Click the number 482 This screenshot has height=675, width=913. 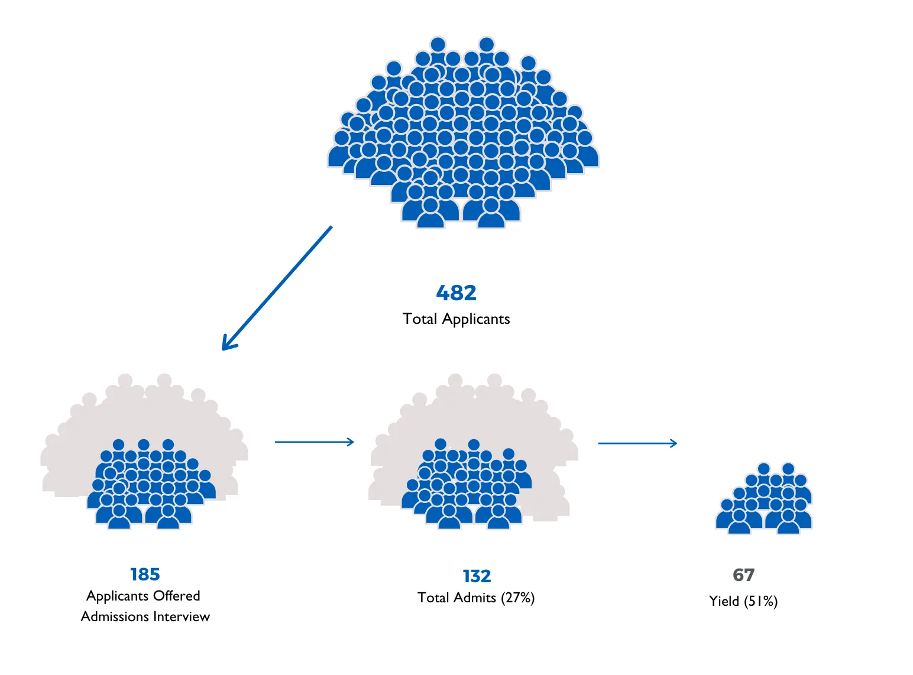pyautogui.click(x=456, y=293)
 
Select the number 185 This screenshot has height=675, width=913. pyautogui.click(x=145, y=574)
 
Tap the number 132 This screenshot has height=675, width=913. pyautogui.click(x=477, y=576)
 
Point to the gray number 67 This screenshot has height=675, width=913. pyautogui.click(x=743, y=575)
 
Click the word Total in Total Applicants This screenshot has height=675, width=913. pyautogui.click(x=419, y=319)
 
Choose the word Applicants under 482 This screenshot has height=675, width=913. pyautogui.click(x=476, y=319)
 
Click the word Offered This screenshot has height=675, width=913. pyautogui.click(x=177, y=595)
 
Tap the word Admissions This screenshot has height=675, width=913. pyautogui.click(x=115, y=616)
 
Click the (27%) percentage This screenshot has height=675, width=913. pyautogui.click(x=517, y=598)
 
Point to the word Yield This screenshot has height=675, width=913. pyautogui.click(x=724, y=601)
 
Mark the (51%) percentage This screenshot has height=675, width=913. pyautogui.click(x=760, y=601)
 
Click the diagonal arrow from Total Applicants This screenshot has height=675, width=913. pyautogui.click(x=277, y=288)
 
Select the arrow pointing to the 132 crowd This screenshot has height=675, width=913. pyautogui.click(x=314, y=442)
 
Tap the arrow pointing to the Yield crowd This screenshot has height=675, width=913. pyautogui.click(x=637, y=443)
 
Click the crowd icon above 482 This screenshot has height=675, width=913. pyautogui.click(x=462, y=132)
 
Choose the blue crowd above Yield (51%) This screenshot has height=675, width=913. pyautogui.click(x=763, y=498)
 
